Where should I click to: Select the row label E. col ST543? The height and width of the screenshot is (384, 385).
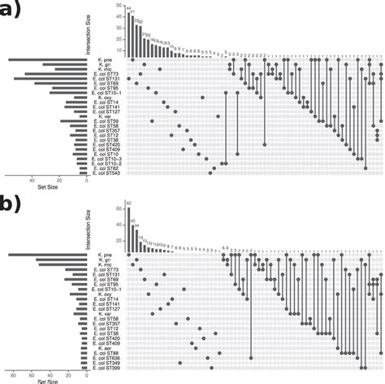[105, 172]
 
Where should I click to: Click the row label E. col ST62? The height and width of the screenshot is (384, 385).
[106, 167]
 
